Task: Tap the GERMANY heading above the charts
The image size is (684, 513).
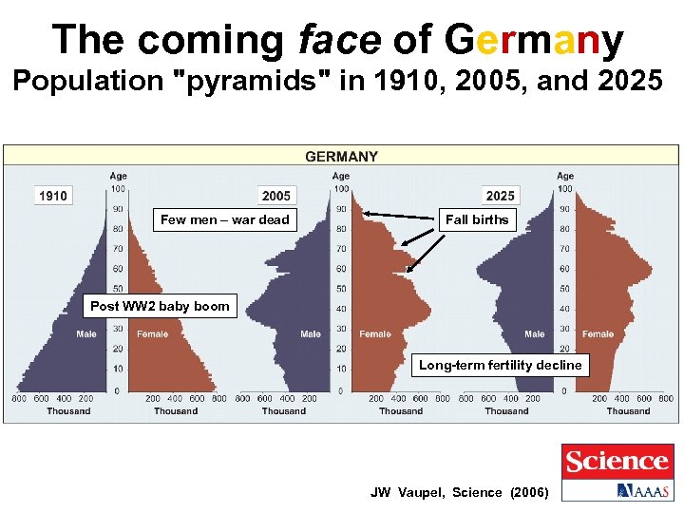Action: point(341,157)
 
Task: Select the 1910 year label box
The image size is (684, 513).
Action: point(53,196)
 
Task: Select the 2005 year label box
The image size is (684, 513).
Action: point(276,196)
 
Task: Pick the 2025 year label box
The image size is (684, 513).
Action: point(500,196)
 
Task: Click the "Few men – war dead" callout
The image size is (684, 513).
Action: point(225,219)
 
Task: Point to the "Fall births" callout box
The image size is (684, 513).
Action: point(477,219)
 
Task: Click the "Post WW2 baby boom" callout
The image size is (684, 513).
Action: point(160,306)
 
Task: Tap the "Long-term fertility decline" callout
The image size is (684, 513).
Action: point(501,365)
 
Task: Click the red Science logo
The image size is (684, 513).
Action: point(617,462)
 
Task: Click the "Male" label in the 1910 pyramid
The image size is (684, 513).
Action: point(86,334)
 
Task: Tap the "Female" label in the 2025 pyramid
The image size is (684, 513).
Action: point(598,334)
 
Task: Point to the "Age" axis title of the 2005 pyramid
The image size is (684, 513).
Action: point(341,176)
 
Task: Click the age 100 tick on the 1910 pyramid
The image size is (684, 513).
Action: point(118,189)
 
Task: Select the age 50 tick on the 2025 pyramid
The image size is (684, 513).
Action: point(565,289)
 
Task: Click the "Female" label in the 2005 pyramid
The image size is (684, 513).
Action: point(375,334)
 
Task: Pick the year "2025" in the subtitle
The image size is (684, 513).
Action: point(617,82)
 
